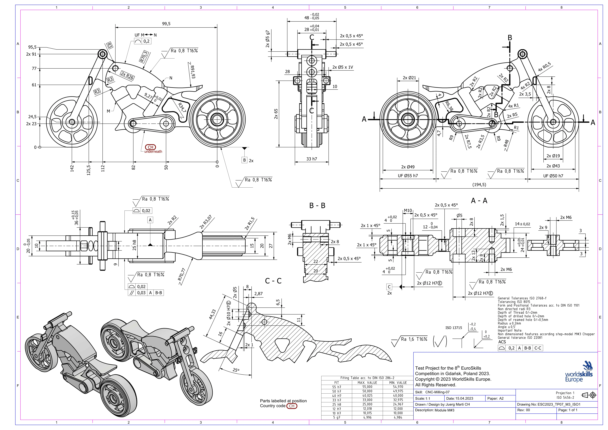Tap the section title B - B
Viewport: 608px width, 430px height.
point(317,205)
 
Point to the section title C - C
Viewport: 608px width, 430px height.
point(273,281)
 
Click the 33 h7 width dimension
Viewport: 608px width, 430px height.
point(312,159)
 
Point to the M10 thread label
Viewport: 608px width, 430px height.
point(408,211)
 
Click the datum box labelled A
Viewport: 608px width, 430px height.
point(150,220)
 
